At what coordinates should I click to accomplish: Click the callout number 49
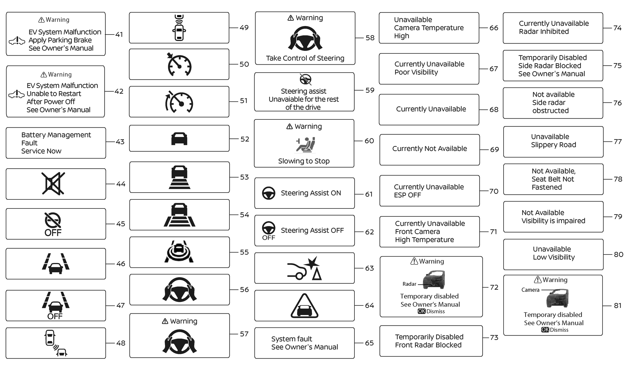[244, 28]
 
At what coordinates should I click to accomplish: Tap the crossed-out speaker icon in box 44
[53, 184]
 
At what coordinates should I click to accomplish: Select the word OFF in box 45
[53, 233]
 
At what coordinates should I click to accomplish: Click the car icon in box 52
[179, 139]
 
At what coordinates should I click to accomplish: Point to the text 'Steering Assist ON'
[311, 193]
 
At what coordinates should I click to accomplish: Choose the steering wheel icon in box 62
[269, 227]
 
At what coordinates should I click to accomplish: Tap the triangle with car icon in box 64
[305, 306]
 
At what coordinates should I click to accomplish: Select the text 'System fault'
[292, 339]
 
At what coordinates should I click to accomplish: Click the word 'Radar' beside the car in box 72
[409, 284]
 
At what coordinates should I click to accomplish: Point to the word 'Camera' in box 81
[530, 290]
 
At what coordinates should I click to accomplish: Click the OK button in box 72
[422, 311]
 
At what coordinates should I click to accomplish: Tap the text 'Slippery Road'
[553, 145]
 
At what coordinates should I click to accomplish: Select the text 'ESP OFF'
[407, 195]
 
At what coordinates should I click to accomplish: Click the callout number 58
[370, 38]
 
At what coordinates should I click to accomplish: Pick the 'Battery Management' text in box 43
[56, 135]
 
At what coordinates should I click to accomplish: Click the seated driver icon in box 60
[306, 144]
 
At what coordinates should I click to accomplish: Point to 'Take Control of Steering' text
[305, 58]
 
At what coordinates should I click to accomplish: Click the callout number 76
[617, 103]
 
